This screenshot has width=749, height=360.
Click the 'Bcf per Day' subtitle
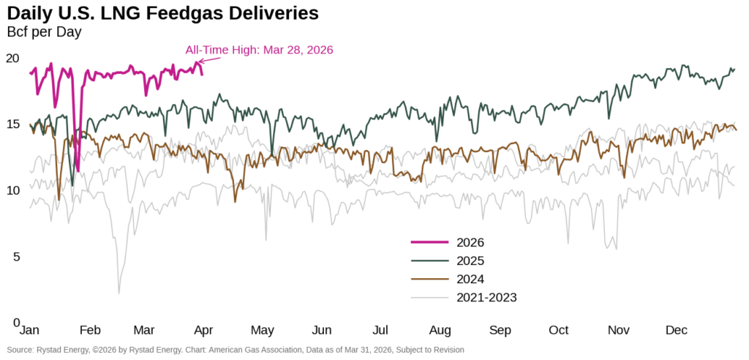pyautogui.click(x=44, y=32)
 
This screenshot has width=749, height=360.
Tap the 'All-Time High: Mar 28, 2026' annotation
pyautogui.click(x=259, y=50)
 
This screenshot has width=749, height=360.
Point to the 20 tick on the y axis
pyautogui.click(x=12, y=59)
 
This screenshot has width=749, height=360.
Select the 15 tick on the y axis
pyautogui.click(x=12, y=124)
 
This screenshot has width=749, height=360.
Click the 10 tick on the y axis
pyautogui.click(x=12, y=190)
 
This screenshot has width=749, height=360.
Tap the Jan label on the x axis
pyautogui.click(x=29, y=330)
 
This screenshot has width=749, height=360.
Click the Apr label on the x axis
pyautogui.click(x=203, y=330)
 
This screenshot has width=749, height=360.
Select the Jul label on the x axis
pyautogui.click(x=380, y=330)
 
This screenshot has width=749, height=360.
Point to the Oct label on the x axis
pyautogui.click(x=559, y=330)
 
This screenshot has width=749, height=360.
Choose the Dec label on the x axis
pyautogui.click(x=677, y=330)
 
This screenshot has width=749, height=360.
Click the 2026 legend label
pyautogui.click(x=470, y=242)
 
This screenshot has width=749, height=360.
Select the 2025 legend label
pyautogui.click(x=470, y=260)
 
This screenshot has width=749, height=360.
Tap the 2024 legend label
pyautogui.click(x=470, y=279)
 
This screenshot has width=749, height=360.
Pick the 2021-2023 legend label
pyautogui.click(x=486, y=297)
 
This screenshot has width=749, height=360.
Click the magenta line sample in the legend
pyautogui.click(x=429, y=242)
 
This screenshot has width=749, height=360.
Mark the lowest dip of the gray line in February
pyautogui.click(x=118, y=293)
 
